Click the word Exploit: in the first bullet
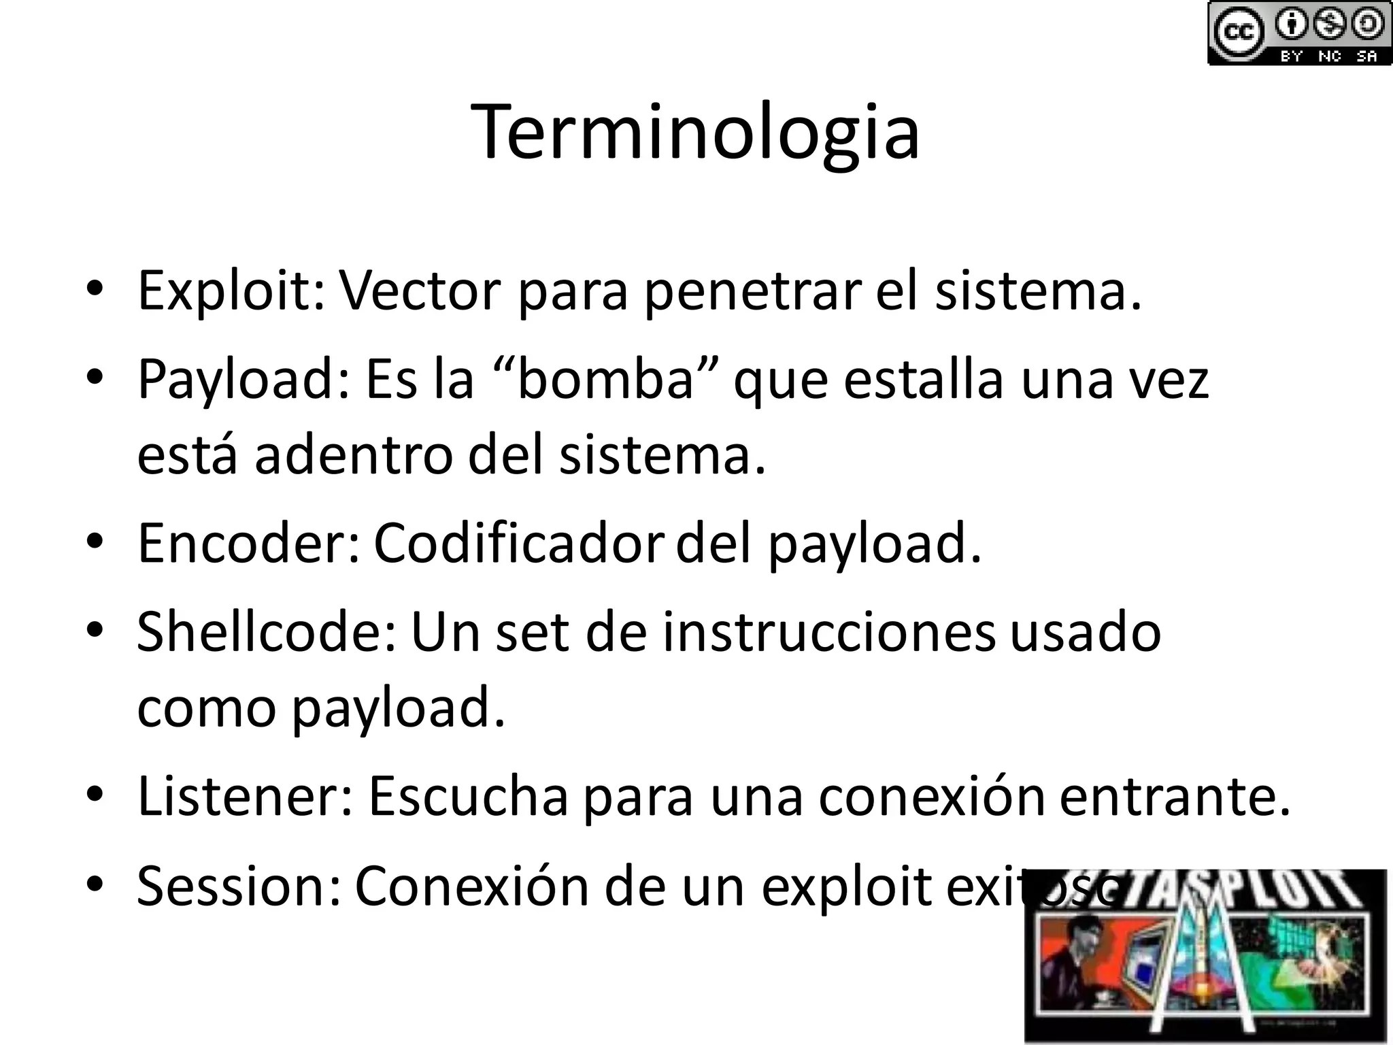pos(232,291)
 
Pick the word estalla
pos(924,379)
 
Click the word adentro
pos(353,455)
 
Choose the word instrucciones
pos(829,632)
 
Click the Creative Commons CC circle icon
pos(1239,32)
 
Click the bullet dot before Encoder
pos(95,542)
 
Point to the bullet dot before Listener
pos(95,795)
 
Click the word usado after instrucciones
pos(1086,632)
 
